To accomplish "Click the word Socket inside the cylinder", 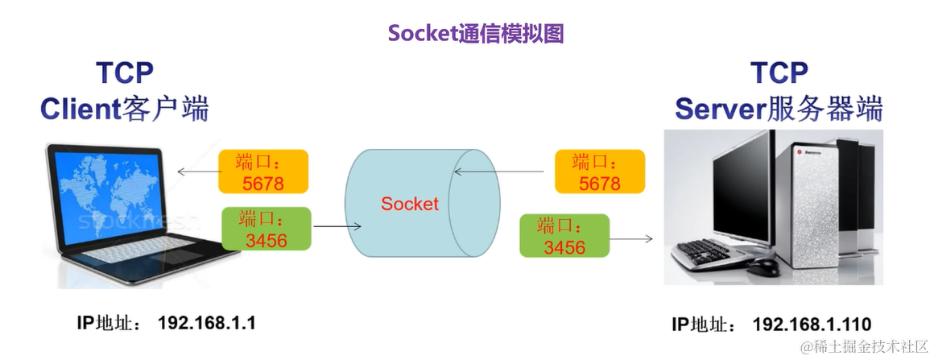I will pyautogui.click(x=410, y=203).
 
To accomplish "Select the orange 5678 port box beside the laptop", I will pyautogui.click(x=262, y=172).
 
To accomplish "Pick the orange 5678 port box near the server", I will pyautogui.click(x=600, y=172).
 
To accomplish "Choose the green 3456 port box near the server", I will pyautogui.click(x=564, y=235).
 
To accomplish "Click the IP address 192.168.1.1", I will pyautogui.click(x=207, y=323).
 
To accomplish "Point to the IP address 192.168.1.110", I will pyautogui.click(x=812, y=325).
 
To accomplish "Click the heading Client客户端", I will pyautogui.click(x=125, y=108).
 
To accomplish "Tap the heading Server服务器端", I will pyautogui.click(x=778, y=108).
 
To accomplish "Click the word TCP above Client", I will pyautogui.click(x=125, y=72).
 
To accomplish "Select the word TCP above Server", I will pyautogui.click(x=779, y=72).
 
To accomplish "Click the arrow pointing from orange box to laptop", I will pyautogui.click(x=196, y=172).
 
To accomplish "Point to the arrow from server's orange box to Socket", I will pyautogui.click(x=503, y=171).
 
